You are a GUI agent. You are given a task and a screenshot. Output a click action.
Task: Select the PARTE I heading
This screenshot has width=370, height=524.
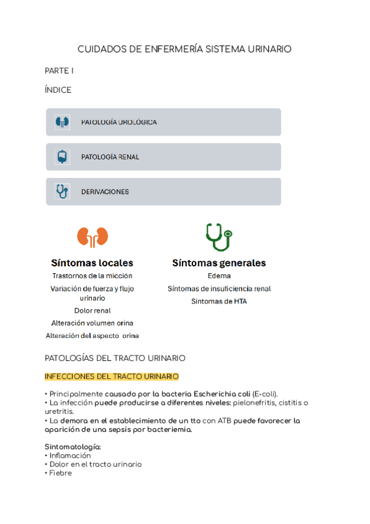point(59,71)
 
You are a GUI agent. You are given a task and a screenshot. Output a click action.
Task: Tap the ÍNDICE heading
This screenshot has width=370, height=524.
point(58,90)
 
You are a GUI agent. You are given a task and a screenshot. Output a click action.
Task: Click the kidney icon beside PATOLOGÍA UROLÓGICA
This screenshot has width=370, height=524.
point(62,122)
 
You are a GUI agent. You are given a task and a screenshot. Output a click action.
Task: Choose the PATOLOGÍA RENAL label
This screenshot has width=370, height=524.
point(110,157)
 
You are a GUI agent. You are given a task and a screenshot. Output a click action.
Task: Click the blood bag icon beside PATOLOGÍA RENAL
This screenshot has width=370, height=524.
point(62,157)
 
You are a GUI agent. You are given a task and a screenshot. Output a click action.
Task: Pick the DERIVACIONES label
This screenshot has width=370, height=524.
point(105,192)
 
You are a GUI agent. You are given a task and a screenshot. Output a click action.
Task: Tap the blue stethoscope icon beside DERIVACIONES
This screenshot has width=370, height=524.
point(62,192)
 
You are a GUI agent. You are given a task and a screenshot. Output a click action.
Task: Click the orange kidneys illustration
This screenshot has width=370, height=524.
point(92,236)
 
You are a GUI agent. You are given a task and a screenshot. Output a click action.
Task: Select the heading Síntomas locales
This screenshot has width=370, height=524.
point(92,263)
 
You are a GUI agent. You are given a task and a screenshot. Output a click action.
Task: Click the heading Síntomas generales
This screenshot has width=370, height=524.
point(219,263)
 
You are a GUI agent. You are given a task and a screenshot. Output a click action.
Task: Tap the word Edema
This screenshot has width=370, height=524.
point(219,276)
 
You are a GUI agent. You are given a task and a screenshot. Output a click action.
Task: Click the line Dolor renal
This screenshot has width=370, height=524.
point(92,311)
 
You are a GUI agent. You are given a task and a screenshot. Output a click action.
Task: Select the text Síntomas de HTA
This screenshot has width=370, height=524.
point(219,301)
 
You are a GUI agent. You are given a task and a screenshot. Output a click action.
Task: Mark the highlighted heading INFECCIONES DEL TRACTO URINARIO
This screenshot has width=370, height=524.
point(112,376)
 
